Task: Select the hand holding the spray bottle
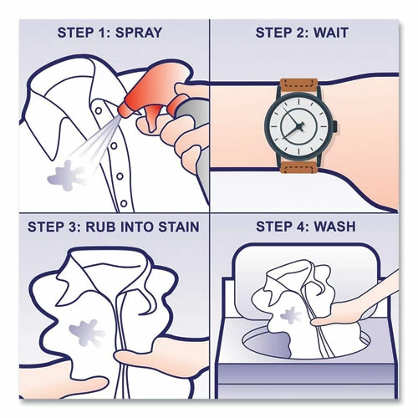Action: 180,134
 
